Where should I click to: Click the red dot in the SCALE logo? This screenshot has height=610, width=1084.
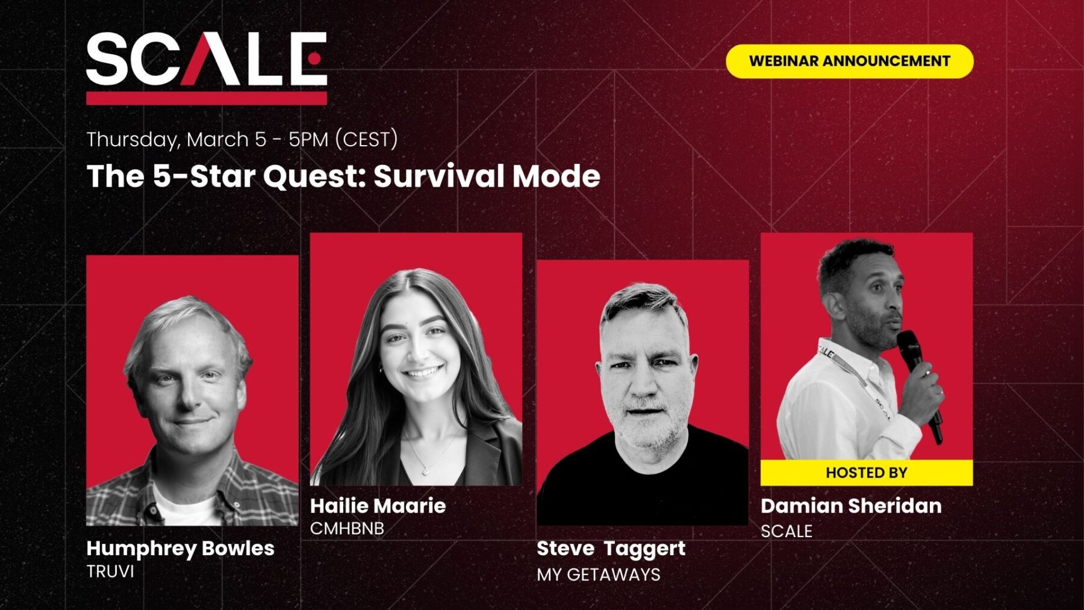(314, 58)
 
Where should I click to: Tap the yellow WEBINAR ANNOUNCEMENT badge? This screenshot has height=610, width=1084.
(849, 61)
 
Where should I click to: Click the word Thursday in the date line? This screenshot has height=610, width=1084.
(132, 140)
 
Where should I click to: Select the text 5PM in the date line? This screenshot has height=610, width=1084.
(308, 140)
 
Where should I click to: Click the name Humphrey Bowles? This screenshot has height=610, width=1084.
(180, 548)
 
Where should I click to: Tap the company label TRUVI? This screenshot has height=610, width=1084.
(110, 571)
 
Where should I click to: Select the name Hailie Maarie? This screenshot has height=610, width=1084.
(378, 505)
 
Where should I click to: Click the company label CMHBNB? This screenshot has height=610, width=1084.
(347, 529)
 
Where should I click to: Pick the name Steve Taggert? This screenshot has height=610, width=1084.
(611, 548)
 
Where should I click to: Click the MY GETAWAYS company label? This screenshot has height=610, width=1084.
(598, 574)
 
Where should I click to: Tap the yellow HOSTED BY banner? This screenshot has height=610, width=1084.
(866, 473)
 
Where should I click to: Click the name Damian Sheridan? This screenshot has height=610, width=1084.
(851, 506)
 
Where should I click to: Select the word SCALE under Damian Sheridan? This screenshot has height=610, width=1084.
(787, 531)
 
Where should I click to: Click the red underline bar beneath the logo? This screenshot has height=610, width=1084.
(206, 98)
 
